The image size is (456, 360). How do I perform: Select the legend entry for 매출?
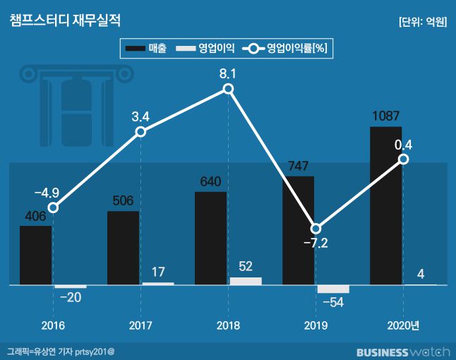(145, 49)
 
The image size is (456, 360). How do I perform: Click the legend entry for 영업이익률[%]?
(287, 49)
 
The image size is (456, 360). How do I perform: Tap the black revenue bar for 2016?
(35, 256)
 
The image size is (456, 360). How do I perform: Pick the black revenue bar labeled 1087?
(385, 206)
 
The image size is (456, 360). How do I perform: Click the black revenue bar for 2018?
(210, 239)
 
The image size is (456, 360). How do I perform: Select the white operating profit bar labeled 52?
(246, 281)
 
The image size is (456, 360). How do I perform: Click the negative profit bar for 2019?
(333, 289)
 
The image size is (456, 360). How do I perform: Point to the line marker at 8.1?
(228, 89)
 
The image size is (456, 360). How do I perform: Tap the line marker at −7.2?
(316, 229)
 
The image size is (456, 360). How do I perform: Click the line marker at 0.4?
(403, 160)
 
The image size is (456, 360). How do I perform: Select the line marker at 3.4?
(140, 132)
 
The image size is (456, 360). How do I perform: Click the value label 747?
(298, 167)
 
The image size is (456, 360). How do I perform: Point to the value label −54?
(332, 302)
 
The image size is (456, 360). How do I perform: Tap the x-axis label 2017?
(140, 325)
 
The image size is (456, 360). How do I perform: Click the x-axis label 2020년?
(403, 325)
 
